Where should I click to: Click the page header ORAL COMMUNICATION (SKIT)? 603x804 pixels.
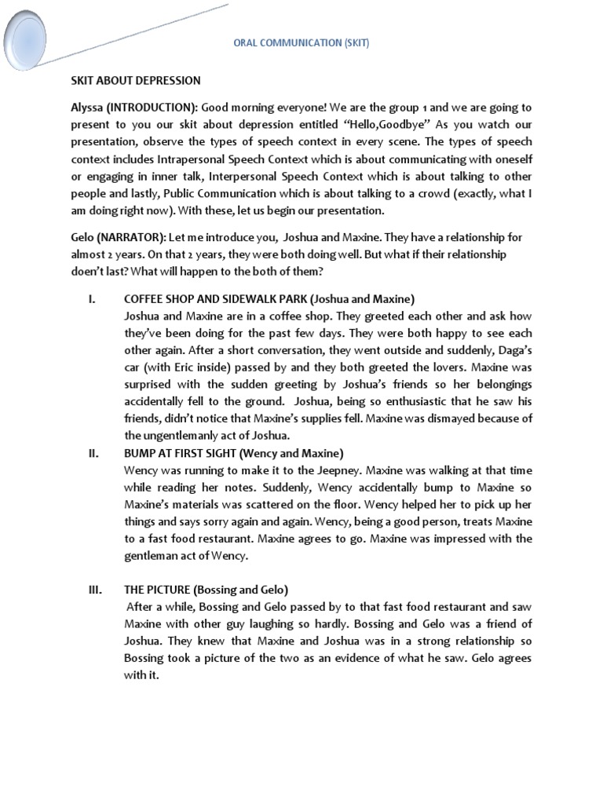point(301,44)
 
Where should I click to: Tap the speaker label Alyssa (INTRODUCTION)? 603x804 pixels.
point(125,108)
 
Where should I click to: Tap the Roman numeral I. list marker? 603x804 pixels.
point(90,299)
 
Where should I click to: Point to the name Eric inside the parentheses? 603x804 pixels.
point(192,367)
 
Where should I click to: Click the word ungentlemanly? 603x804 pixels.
point(177,435)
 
